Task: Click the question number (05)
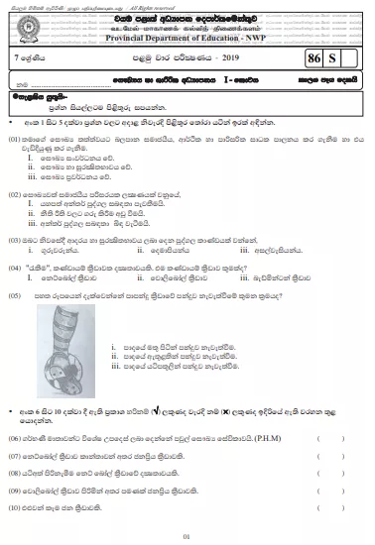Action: [15, 297]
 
